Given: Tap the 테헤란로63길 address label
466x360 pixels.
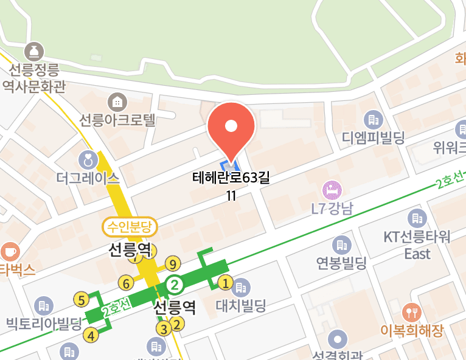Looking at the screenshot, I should click(231, 178).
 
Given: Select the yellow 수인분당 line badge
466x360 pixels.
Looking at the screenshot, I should click(130, 228).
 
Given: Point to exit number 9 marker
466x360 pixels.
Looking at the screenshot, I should click(173, 264).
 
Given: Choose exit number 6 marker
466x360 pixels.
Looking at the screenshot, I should click(127, 283).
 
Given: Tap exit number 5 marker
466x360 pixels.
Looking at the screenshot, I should click(81, 299).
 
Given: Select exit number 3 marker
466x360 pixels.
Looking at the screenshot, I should click(163, 329).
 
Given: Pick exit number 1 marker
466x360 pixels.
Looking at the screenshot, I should click(225, 283).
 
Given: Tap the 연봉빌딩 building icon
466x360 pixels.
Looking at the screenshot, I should click(340, 245).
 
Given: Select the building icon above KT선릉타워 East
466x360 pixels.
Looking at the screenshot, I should click(417, 217).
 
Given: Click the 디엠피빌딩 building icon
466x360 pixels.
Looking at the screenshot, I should click(372, 118).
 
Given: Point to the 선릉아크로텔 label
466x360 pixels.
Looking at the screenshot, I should click(118, 119).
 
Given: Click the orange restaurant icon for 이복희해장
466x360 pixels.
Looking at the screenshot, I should click(412, 313).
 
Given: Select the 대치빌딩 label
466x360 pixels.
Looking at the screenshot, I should click(241, 304).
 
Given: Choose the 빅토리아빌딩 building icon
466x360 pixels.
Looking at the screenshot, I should click(43, 305).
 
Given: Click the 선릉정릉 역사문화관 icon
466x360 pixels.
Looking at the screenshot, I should click(33, 50).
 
